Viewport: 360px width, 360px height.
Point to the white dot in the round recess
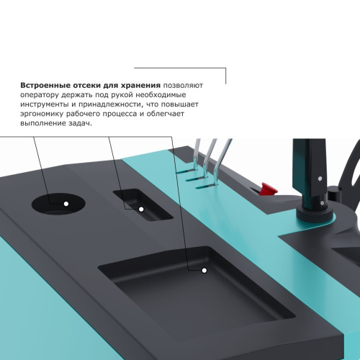pos(66,204)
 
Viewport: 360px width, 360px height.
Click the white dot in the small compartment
pos(141,209)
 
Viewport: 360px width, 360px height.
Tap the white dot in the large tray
pos(204,290)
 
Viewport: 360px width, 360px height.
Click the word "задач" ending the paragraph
pos(80,123)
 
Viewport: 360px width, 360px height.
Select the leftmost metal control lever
pos(196,160)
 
